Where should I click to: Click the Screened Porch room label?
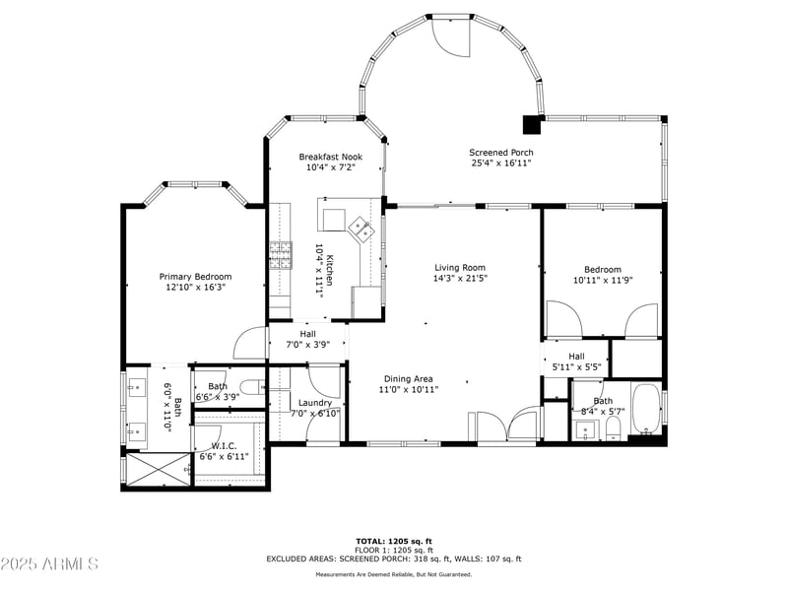pos(501,153)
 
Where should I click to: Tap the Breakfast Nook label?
pos(331,157)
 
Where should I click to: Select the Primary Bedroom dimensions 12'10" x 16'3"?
pos(195,288)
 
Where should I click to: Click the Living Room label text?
pos(460,268)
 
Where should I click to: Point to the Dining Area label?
pos(409,379)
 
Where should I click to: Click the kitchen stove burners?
pos(281,255)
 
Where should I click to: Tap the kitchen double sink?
pos(361,230)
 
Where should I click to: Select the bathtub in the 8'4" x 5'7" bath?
pos(646,409)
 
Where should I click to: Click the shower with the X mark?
pos(159,470)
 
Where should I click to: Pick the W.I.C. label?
pos(225,446)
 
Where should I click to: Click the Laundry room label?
pos(315,403)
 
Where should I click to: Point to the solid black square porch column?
pos(532,125)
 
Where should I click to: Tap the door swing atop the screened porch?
pos(452,37)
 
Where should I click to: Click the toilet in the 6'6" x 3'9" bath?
pos(251,387)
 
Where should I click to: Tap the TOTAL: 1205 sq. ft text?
pos(394,541)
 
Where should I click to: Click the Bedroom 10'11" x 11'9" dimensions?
pos(603,281)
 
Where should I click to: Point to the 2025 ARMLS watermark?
pos(49,563)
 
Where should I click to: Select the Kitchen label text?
pos(330,270)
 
